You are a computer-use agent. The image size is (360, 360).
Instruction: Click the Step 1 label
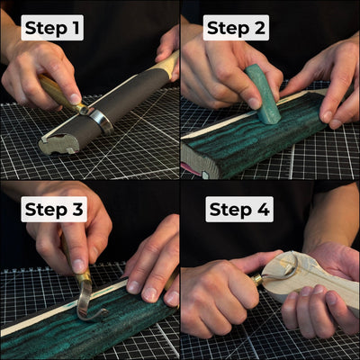point(52,28)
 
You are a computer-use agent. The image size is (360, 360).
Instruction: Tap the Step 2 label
point(236,28)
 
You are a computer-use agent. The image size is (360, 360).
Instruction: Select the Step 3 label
point(54,211)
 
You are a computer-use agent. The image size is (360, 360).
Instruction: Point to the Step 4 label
point(240,211)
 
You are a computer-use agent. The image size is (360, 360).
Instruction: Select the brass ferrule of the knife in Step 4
point(258,280)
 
